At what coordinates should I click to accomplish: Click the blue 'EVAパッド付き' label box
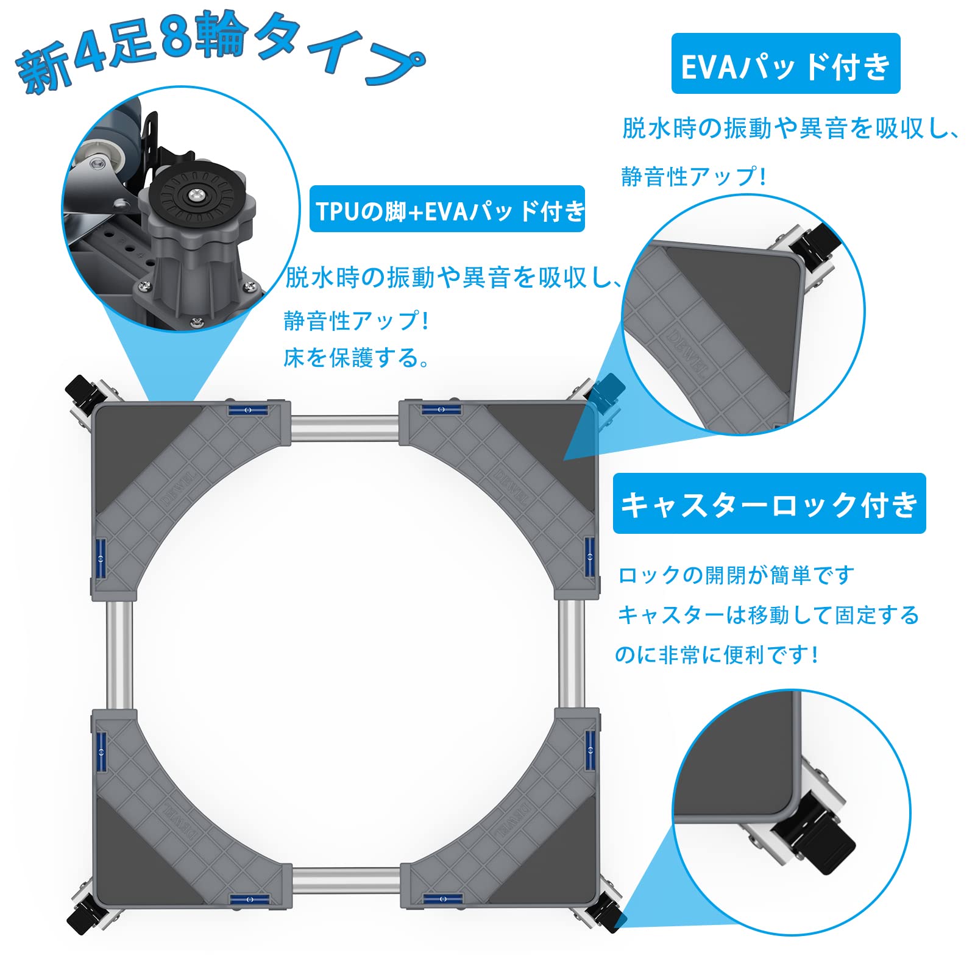[785, 64]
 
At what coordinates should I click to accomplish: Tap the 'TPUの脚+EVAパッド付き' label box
[447, 210]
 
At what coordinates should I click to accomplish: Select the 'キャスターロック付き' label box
[769, 504]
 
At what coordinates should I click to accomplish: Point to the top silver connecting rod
[344, 428]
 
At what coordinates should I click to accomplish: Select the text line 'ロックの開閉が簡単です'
[736, 575]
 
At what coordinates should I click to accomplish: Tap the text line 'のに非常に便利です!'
[716, 654]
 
